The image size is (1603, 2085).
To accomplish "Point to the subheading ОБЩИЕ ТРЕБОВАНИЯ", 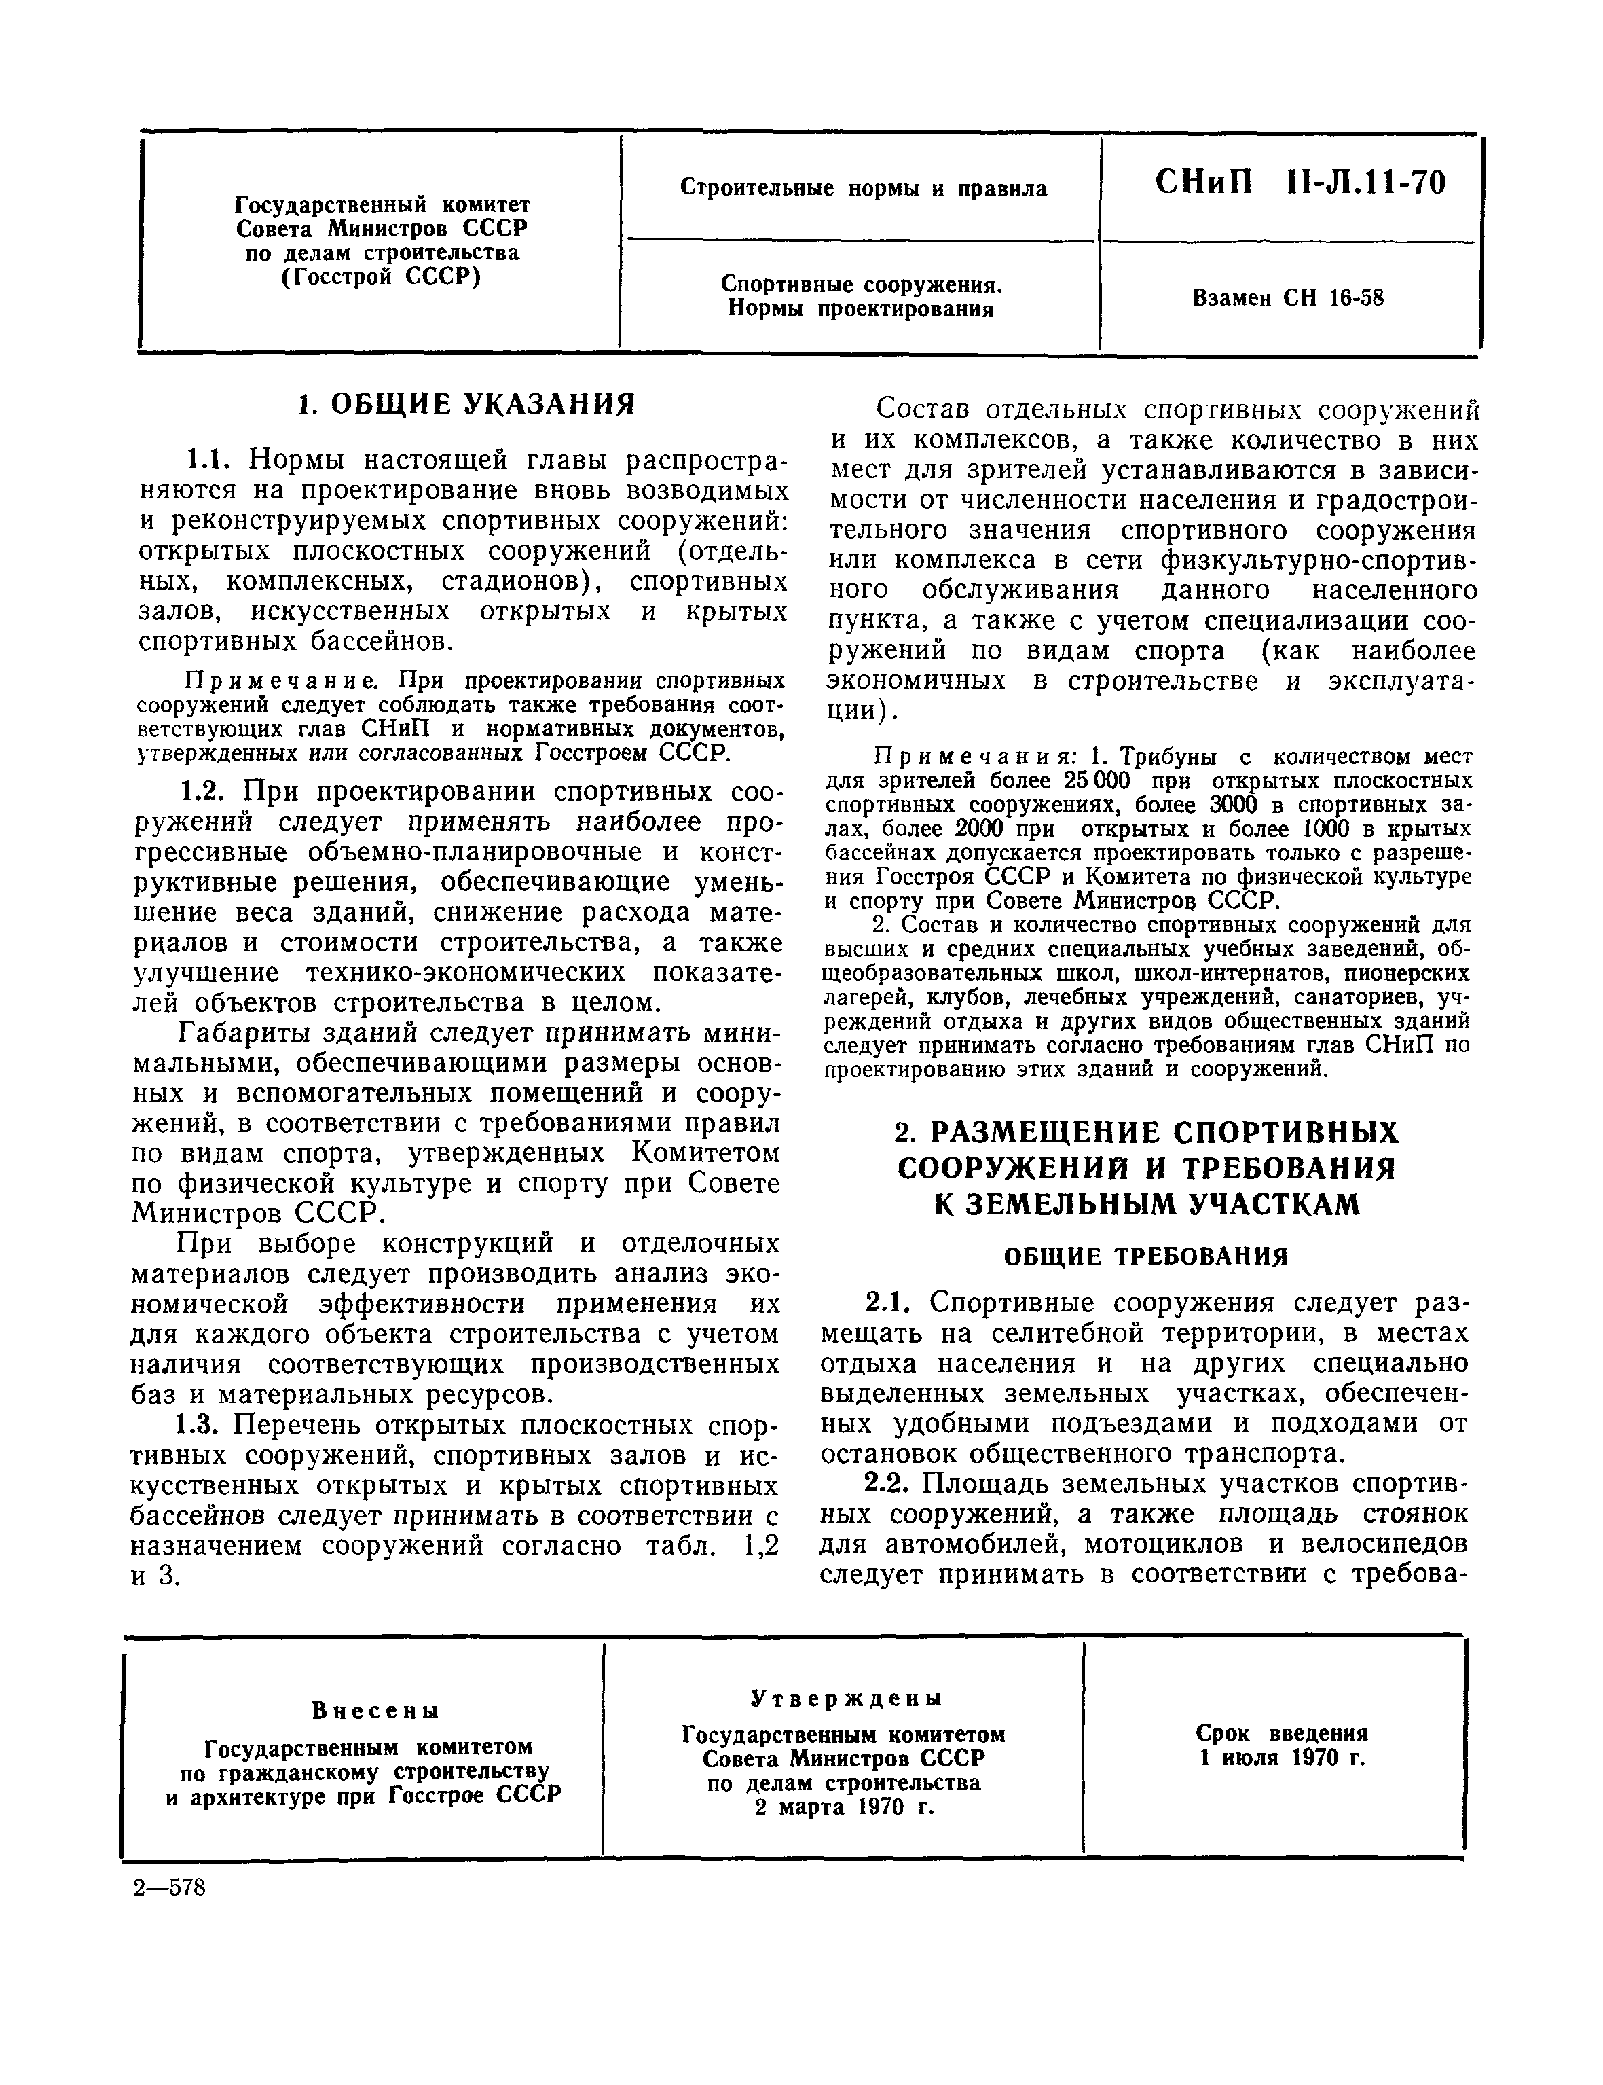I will coord(1145,1256).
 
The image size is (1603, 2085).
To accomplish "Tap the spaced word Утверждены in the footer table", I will coord(845,1699).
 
